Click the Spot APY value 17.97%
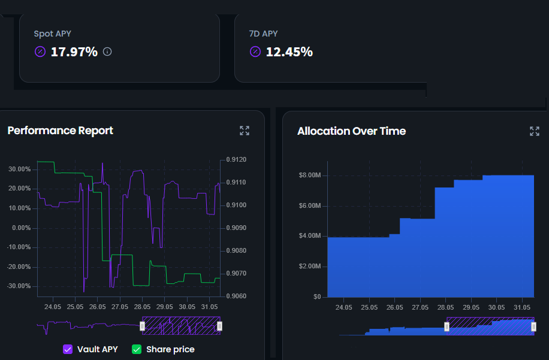[x=74, y=52]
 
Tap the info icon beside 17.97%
[x=107, y=52]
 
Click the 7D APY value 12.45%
[x=289, y=52]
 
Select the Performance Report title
[x=60, y=131]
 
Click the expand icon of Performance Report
[x=245, y=131]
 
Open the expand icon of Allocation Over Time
[x=535, y=131]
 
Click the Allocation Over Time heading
[x=351, y=131]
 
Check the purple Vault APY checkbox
[x=68, y=349]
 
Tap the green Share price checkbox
[x=137, y=349]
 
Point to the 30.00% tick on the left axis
[x=19, y=170]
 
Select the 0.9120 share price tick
[x=236, y=160]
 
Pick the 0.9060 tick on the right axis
[x=236, y=296]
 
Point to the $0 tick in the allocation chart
[x=316, y=297]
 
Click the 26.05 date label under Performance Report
[x=98, y=307]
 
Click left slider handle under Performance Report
[x=142, y=326]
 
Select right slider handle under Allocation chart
[x=533, y=326]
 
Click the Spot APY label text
[x=52, y=34]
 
